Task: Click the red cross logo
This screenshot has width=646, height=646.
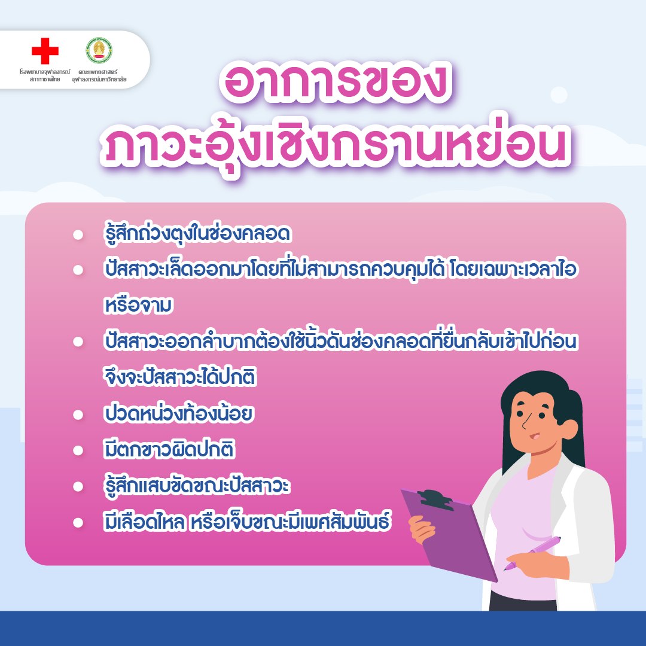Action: pyautogui.click(x=45, y=51)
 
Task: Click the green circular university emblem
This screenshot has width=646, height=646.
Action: pyautogui.click(x=99, y=50)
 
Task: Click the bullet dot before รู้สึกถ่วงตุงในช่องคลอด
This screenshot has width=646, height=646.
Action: pyautogui.click(x=78, y=234)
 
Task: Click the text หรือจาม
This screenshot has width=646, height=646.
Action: pyautogui.click(x=138, y=306)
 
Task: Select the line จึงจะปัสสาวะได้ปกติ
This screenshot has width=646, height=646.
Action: pyautogui.click(x=180, y=377)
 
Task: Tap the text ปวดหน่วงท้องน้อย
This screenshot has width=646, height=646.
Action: pyautogui.click(x=178, y=413)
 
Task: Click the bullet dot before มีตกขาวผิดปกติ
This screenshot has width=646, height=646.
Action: pyautogui.click(x=78, y=450)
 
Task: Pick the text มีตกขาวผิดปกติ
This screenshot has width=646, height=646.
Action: pyautogui.click(x=169, y=449)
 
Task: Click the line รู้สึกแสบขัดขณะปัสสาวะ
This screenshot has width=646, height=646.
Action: pyautogui.click(x=197, y=486)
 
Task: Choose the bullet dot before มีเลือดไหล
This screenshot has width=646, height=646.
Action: pyautogui.click(x=78, y=522)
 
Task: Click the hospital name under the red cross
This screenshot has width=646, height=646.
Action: pyautogui.click(x=45, y=75)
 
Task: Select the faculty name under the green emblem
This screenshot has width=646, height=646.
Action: pyautogui.click(x=99, y=75)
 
